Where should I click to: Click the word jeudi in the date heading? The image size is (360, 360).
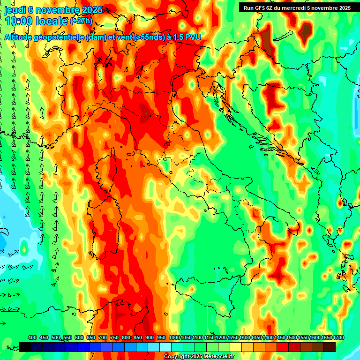[15, 10]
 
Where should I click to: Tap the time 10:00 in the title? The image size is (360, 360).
[18, 21]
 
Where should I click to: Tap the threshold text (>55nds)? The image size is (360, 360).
[147, 37]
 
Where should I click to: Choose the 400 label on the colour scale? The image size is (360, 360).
[32, 337]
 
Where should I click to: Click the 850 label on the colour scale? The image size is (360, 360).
[138, 337]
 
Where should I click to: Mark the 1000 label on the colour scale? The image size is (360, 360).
[174, 337]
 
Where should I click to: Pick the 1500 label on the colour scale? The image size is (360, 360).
[291, 337]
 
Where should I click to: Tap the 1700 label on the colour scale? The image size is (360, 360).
[339, 337]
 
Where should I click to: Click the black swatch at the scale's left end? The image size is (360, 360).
[25, 347]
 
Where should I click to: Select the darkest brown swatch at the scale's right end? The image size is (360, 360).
[330, 347]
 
